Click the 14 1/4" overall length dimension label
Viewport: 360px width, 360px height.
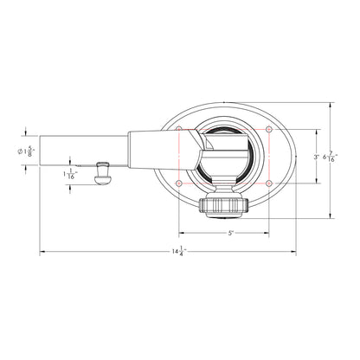pos(177,252)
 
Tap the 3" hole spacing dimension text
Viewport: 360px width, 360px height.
pos(316,157)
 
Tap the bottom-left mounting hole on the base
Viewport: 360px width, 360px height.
pos(179,183)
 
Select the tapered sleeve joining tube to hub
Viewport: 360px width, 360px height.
pos(164,148)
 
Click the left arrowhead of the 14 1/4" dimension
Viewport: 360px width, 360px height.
pos(44,252)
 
